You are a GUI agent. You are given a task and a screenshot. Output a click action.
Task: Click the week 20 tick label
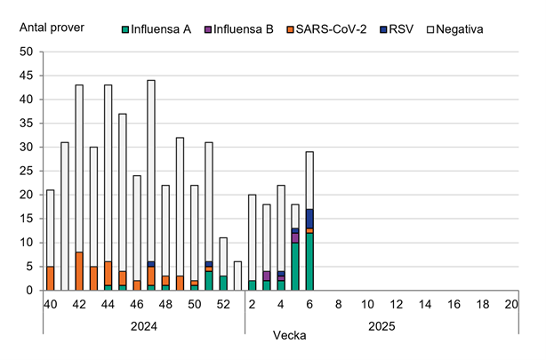(x=510, y=304)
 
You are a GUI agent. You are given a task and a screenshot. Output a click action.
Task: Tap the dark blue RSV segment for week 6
(x=309, y=219)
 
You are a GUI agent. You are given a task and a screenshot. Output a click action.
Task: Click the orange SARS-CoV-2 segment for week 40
(x=50, y=278)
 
